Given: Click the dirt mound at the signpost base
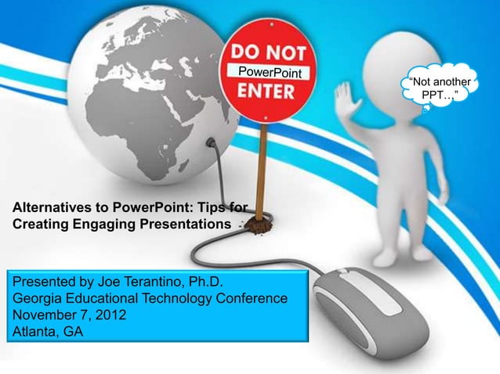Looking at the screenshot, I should pyautogui.click(x=256, y=225).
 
